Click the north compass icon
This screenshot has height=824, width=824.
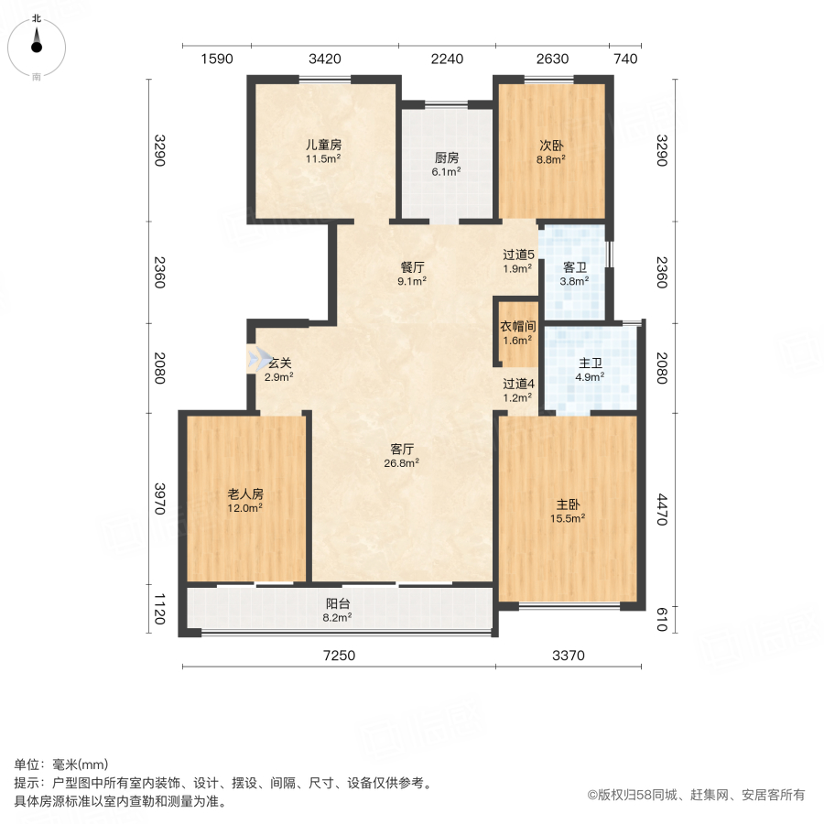(x=37, y=42)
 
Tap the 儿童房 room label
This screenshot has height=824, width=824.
(x=323, y=146)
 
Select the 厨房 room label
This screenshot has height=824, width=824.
(x=447, y=156)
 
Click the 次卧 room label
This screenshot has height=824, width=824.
(x=551, y=146)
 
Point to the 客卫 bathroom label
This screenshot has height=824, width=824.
(x=574, y=268)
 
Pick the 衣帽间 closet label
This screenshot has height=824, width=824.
(x=517, y=327)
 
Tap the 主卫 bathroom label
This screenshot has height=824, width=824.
(x=590, y=363)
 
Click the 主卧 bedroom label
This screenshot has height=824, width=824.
(x=570, y=504)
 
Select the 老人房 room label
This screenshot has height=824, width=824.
(x=245, y=493)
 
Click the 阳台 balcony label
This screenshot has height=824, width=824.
(x=338, y=604)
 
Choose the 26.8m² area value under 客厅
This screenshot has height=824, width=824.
(x=403, y=463)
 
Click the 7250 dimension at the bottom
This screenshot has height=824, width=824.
(x=338, y=656)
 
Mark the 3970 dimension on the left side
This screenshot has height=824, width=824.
(x=159, y=498)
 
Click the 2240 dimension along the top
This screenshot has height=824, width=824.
(x=447, y=60)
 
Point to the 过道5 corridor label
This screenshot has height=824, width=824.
(x=517, y=256)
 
